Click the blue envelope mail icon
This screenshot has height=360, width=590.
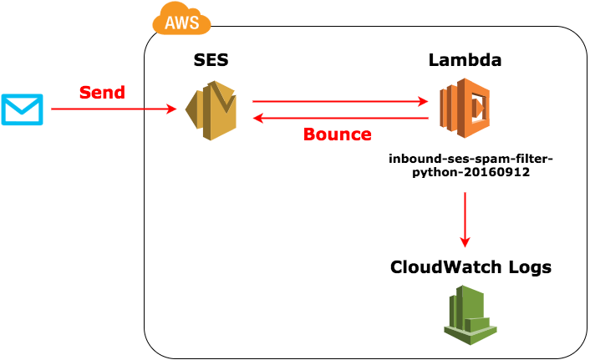(x=22, y=109)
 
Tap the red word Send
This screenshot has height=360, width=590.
(x=102, y=92)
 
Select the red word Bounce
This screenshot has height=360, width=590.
(x=337, y=134)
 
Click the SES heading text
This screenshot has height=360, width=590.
(x=211, y=60)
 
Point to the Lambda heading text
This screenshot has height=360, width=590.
(x=465, y=60)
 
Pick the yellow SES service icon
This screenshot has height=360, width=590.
(x=211, y=110)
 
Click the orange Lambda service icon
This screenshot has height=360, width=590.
(x=465, y=109)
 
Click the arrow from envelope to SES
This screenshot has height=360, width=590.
(x=113, y=109)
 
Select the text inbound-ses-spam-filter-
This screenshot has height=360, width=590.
(x=471, y=158)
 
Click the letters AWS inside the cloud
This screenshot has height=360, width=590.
(x=181, y=23)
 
